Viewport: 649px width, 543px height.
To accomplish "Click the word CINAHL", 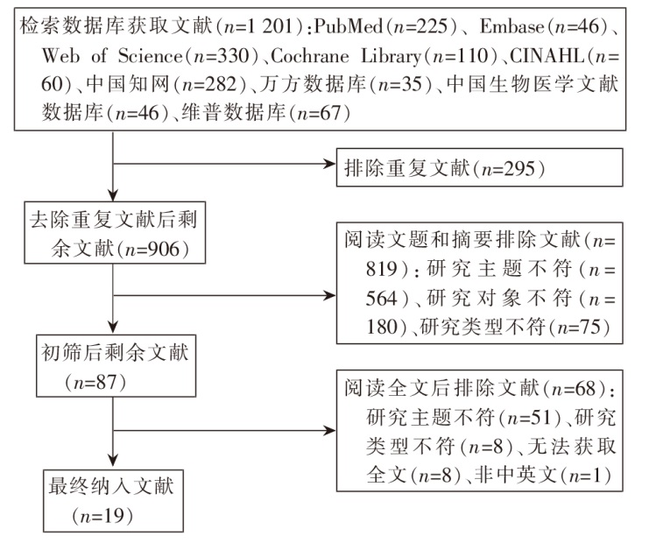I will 554,57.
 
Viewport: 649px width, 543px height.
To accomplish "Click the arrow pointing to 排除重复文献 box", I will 328,163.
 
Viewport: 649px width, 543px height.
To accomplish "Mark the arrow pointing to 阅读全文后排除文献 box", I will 328,430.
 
